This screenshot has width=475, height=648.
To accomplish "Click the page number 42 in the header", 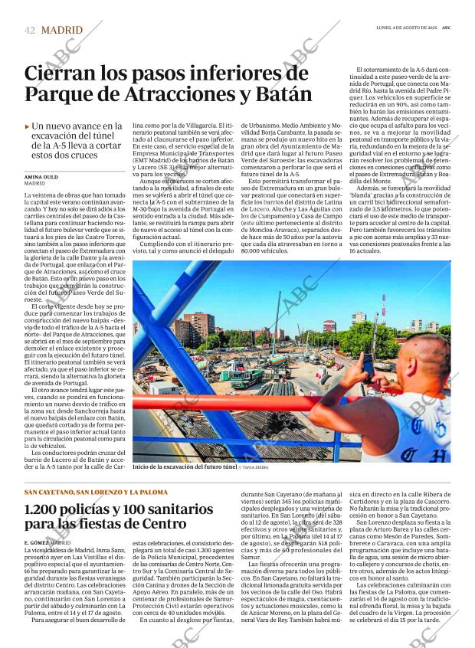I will [30, 31].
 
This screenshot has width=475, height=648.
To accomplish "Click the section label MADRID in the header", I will [61, 31].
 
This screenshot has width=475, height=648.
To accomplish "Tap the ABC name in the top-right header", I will [445, 30].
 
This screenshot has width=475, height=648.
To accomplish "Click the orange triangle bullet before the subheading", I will [27, 126].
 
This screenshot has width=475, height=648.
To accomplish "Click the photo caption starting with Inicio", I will [184, 466].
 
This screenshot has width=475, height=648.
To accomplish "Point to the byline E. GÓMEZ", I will [37, 542].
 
